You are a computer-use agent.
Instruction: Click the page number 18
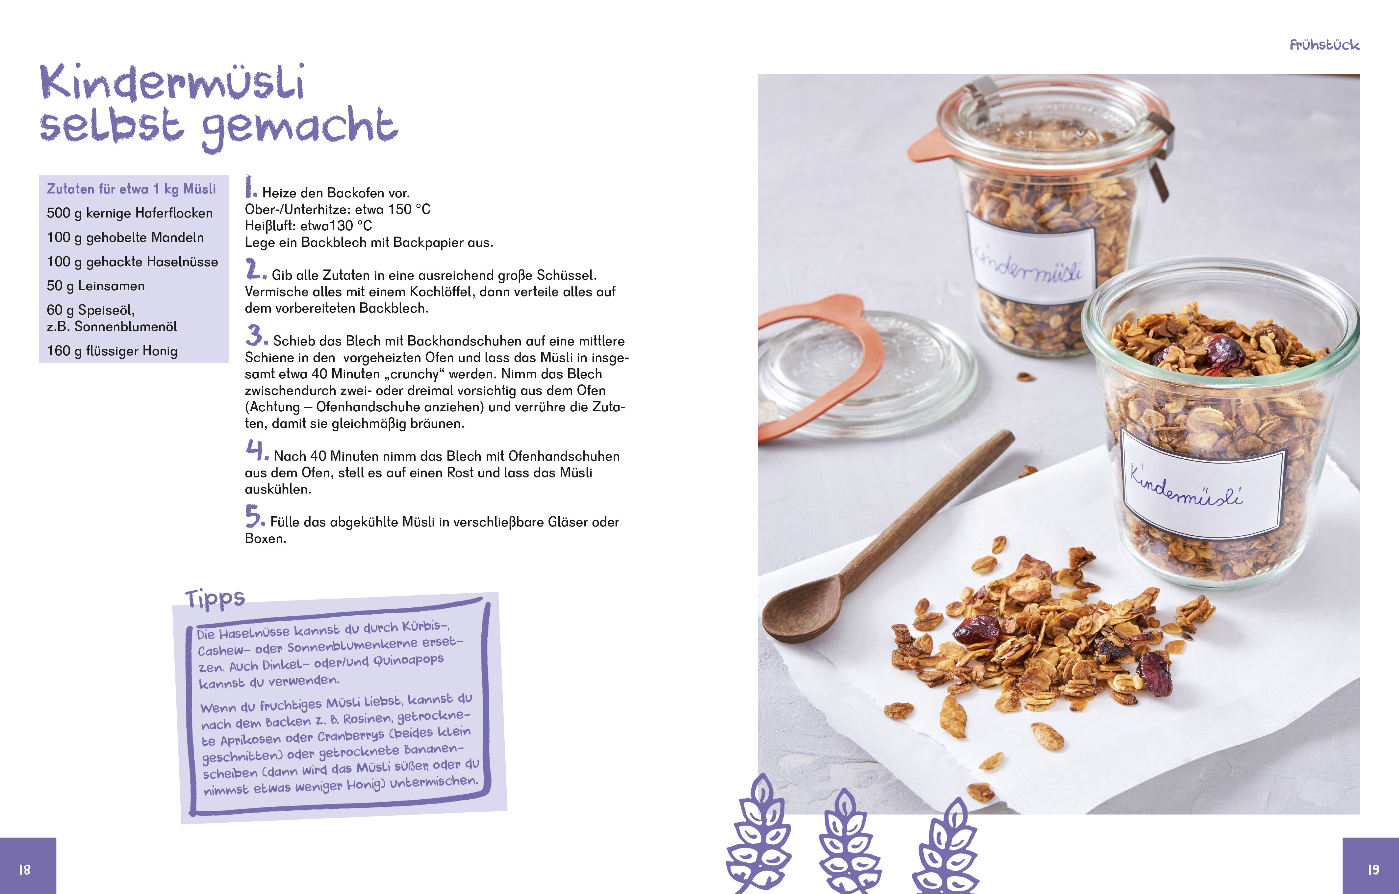pyautogui.click(x=24, y=870)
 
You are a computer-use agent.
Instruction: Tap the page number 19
pyautogui.click(x=1373, y=870)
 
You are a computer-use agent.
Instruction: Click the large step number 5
pyautogui.click(x=254, y=516)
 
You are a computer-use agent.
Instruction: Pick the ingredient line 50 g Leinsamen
pyautogui.click(x=96, y=286)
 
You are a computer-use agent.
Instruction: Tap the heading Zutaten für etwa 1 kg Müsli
pyautogui.click(x=131, y=189)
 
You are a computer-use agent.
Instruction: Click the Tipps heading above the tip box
pyautogui.click(x=215, y=598)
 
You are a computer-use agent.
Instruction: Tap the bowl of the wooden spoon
pyautogui.click(x=803, y=610)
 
